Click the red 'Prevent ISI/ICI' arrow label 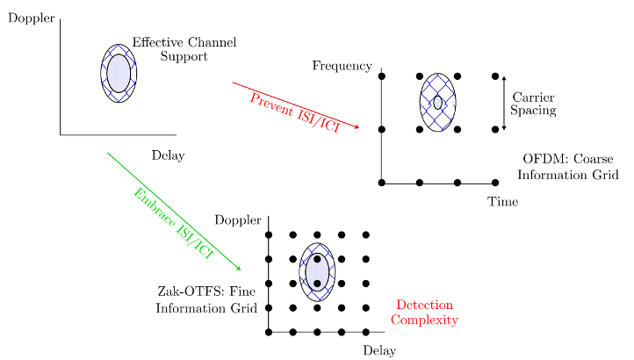coord(295,113)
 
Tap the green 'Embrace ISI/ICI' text coord(173,223)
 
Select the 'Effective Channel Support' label coord(184,49)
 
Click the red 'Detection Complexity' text coord(424,312)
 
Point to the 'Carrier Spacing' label coord(533,104)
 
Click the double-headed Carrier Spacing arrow coord(504,103)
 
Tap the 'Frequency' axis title coord(342,66)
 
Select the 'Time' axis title coord(502,201)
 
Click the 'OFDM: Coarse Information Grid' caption coord(568,167)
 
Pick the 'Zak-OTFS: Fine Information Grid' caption coord(206,299)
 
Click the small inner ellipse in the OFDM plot coord(437,103)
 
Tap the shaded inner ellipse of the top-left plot coord(119,73)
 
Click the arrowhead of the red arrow coord(357,127)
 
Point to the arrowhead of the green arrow coord(239,268)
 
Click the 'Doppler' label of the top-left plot coord(31,18)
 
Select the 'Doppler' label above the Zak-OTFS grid coord(238,220)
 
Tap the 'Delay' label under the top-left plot coord(169,155)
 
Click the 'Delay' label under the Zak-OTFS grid coord(379,350)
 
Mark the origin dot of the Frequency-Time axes coord(381,183)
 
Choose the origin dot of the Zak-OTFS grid coord(269,332)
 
